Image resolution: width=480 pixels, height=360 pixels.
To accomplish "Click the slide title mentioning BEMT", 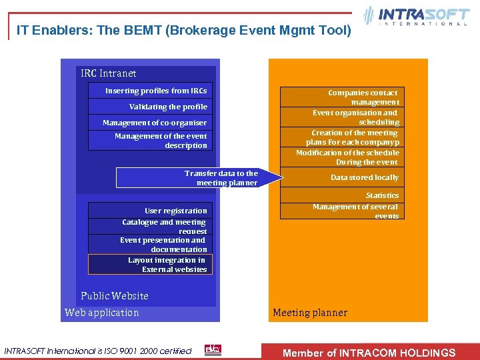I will point(183,30).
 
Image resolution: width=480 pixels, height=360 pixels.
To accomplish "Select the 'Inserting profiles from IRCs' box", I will point(150,91).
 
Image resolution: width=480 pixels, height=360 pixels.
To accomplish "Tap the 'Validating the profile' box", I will point(150,107).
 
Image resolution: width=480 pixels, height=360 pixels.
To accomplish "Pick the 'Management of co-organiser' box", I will point(150,123).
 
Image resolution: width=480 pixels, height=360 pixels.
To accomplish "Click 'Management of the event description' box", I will point(150,141).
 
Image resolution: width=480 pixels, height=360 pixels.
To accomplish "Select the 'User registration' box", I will point(150,211).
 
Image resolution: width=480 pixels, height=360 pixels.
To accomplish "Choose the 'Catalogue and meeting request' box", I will point(150,227).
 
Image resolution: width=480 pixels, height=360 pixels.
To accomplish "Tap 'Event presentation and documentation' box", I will point(150,244).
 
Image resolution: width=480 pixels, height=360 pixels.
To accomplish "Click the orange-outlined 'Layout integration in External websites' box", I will point(150,265).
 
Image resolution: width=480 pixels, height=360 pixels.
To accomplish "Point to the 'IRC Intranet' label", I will point(108,73).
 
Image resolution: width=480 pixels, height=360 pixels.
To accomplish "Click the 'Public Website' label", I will point(115,296).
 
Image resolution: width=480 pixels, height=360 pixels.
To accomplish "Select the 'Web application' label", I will point(102,313).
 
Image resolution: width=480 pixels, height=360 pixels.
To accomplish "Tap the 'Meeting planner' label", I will point(310,313).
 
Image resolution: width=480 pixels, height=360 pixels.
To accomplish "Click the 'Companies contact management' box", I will point(341,97).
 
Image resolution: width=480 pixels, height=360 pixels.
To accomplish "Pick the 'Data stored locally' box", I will point(341,177).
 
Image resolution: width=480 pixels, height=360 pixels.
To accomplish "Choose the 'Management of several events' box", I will point(341,211).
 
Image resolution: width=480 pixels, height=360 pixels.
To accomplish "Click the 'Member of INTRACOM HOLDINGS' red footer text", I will point(369,353).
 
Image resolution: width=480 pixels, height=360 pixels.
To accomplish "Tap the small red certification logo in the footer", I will point(213,350).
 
